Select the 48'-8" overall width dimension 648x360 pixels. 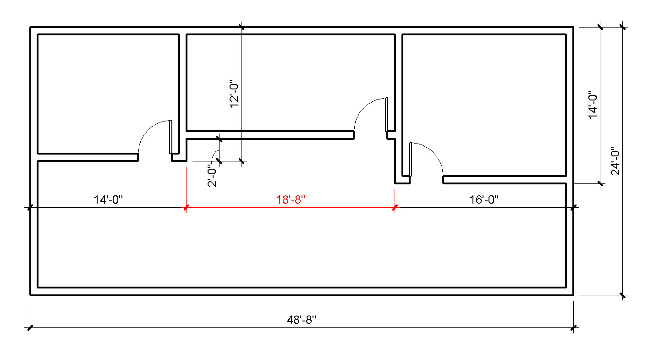302,320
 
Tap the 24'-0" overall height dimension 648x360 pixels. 615,161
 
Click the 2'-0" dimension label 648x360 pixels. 212,176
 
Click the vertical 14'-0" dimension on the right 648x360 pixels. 593,105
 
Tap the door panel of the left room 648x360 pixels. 170,137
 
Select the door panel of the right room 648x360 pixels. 411,159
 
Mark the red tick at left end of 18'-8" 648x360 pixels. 186,208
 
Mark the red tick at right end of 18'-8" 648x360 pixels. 395,208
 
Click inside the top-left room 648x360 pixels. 108,92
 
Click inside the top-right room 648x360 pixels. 483,101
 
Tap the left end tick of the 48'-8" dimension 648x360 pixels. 30,328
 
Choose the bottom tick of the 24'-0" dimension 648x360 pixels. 622,295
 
